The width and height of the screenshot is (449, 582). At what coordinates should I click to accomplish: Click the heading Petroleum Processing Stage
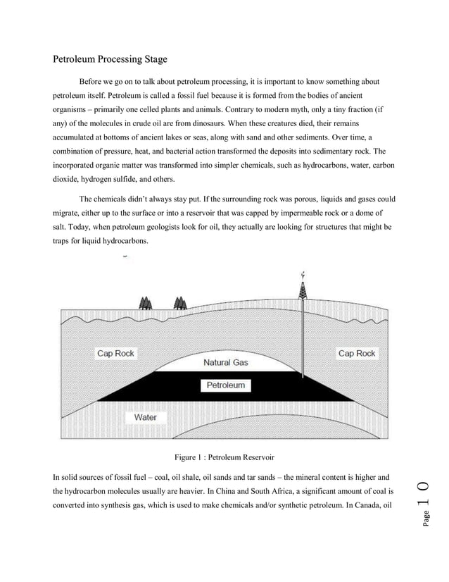point(110,59)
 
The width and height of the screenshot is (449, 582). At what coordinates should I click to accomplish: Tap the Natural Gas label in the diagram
point(225,363)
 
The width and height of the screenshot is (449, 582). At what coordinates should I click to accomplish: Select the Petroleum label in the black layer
point(225,385)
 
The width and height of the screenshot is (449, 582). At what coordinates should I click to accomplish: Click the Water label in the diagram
point(146,417)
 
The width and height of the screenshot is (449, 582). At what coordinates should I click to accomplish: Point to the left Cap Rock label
point(115,353)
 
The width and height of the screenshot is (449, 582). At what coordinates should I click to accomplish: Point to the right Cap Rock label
point(357,353)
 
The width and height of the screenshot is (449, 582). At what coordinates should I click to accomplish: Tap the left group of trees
point(146,303)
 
